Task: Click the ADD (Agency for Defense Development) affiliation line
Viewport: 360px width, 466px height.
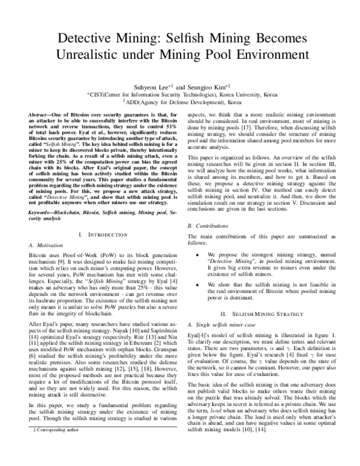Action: pos(179,102)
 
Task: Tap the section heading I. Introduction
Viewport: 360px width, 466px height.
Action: pos(98,234)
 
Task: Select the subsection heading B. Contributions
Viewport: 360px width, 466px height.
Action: pos(208,208)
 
